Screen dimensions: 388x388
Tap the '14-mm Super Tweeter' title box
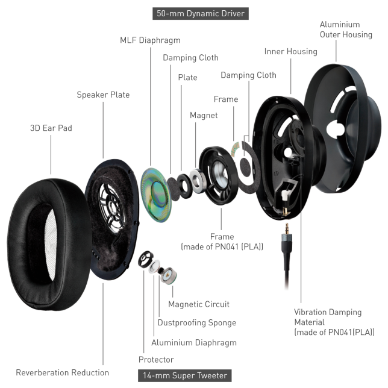(x=184, y=375)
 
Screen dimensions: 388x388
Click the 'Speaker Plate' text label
(x=103, y=95)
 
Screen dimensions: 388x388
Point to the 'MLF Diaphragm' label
(x=150, y=40)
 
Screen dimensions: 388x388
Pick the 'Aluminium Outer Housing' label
(x=345, y=30)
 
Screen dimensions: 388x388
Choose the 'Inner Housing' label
(x=290, y=52)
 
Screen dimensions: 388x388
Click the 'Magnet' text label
(x=204, y=115)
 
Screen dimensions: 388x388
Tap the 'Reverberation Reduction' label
(x=62, y=373)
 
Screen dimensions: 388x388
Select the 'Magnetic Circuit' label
(x=199, y=304)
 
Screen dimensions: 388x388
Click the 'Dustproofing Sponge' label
(x=196, y=323)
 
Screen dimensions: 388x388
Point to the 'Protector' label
(x=156, y=360)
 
